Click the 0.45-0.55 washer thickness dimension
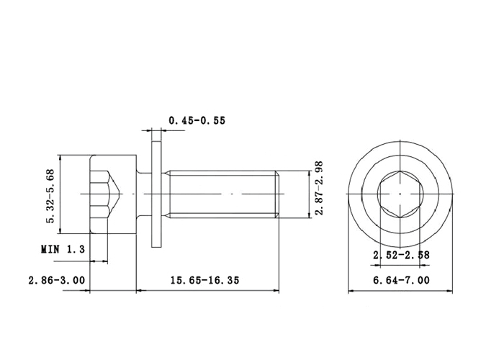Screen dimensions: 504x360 coord(197,120)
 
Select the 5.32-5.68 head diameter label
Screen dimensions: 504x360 coord(51,196)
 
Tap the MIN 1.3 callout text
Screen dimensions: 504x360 coord(63,249)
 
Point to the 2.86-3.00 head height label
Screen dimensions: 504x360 coord(57,280)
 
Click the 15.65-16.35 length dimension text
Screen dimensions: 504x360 coord(204,280)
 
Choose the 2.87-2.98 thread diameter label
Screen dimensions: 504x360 coord(318,188)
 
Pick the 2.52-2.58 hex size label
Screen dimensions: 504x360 coord(401,255)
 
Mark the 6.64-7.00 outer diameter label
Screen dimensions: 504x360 coord(401,280)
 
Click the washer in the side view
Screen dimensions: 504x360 coord(156,194)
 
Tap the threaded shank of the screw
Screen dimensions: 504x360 coord(222,194)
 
